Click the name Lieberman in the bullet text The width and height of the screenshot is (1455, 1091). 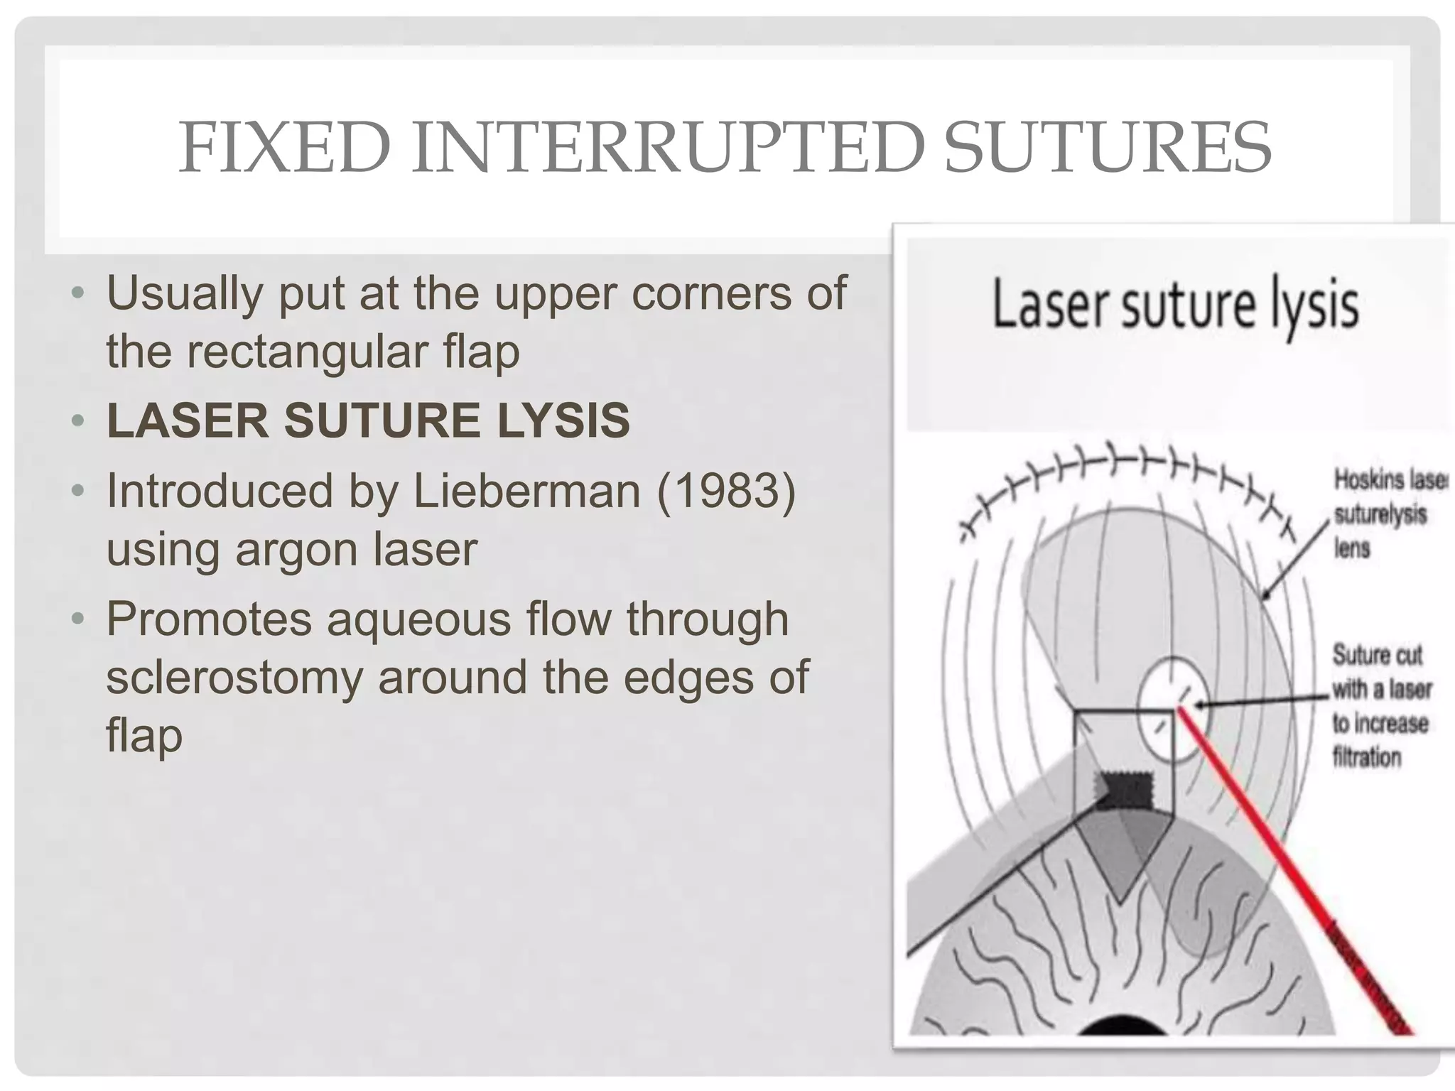coord(526,491)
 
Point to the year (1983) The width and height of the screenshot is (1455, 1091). coord(726,491)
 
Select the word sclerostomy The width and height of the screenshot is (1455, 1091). coord(234,677)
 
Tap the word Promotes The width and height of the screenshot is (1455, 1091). coord(209,619)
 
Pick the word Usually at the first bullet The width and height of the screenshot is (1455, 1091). coord(185,293)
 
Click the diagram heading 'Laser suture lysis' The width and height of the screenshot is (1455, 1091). coord(1175,305)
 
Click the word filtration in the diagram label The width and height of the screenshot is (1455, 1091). coord(1366,757)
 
